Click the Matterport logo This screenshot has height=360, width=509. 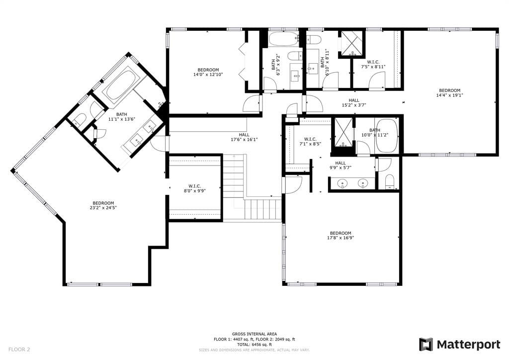[x=460, y=344]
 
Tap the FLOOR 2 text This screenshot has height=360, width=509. [x=19, y=349]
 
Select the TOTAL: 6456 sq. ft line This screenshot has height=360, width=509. [x=254, y=344]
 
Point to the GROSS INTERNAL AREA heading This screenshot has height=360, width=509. [x=254, y=334]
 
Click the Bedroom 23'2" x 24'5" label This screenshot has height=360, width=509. [x=103, y=205]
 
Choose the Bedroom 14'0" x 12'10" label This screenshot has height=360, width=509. [x=208, y=72]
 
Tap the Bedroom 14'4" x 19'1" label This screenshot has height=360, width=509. [x=449, y=92]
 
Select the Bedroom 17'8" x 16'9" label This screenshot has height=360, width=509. [x=340, y=235]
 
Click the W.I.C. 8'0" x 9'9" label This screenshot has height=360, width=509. [x=194, y=188]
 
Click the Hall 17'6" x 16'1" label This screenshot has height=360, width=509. [x=244, y=137]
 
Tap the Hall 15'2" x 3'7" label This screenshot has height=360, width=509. [x=354, y=102]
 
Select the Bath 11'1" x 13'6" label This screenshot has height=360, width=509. [x=121, y=117]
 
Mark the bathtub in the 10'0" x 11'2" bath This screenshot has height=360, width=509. [x=387, y=135]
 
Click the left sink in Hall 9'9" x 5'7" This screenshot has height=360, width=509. [x=343, y=183]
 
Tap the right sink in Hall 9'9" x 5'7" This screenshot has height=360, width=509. [x=363, y=183]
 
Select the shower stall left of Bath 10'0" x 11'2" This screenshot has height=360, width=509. [x=343, y=132]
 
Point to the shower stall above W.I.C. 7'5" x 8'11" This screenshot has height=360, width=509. [x=352, y=43]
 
